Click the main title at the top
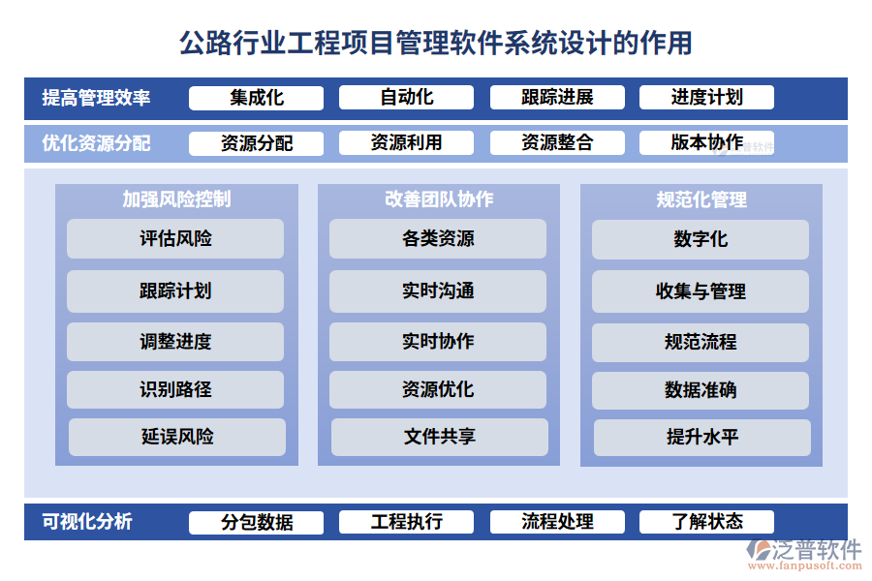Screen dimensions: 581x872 coord(436,43)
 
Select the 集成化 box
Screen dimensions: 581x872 coord(256,98)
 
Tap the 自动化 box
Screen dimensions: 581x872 coord(406,98)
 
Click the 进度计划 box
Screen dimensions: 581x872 coord(706,98)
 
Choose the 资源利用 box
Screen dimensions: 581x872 coord(406,143)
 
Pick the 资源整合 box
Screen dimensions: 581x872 coord(557,143)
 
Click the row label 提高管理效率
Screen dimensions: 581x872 coord(96,98)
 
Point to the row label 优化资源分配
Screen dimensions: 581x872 coord(96,143)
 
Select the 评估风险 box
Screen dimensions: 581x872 coord(175,239)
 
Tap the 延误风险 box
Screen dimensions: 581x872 coord(177,438)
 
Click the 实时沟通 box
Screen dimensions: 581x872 coord(438,291)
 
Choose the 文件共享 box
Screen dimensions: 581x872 coord(440,438)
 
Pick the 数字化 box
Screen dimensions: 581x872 coord(701,239)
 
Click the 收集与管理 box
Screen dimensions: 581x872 coord(701,291)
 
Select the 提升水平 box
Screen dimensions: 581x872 coord(702,438)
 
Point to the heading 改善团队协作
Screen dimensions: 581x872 coord(439,199)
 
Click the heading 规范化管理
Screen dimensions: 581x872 coord(701,199)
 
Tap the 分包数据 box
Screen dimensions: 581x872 coord(256,523)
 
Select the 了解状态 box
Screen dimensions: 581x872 coord(706,522)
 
